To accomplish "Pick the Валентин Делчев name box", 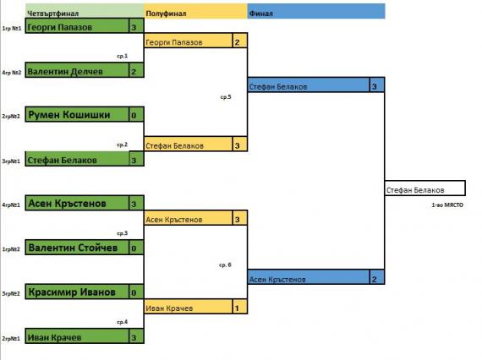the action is (x=77, y=70).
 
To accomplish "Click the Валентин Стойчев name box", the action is (x=77, y=248).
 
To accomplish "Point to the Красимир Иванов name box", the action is (x=77, y=292).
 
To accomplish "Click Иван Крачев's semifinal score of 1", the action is (x=240, y=307).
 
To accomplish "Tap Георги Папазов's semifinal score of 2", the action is (x=240, y=41).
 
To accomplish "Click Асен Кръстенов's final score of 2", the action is (x=377, y=277).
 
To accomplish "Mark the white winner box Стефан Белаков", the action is (x=425, y=188).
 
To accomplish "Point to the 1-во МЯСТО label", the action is (x=447, y=205).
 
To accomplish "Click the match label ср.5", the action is (x=226, y=97).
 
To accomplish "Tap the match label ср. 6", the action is (x=225, y=265).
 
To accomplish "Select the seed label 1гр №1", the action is (x=12, y=28).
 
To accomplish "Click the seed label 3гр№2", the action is (x=11, y=293).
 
